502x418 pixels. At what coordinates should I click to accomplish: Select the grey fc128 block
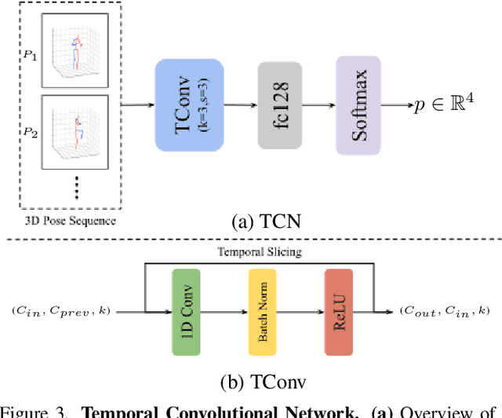tap(279, 106)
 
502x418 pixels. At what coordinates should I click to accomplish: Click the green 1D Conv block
tap(187, 311)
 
